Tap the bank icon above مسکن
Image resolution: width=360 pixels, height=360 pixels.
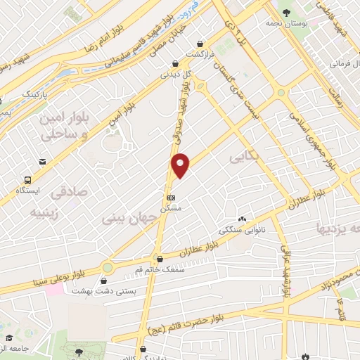pyautogui.click(x=172, y=198)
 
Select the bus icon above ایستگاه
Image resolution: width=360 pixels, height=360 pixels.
pyautogui.click(x=28, y=179)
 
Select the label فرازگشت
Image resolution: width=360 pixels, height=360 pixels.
pyautogui.click(x=200, y=54)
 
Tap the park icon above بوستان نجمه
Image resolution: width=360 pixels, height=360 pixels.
pyautogui.click(x=286, y=12)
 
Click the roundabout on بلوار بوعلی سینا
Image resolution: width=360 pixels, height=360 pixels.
pyautogui.click(x=108, y=268)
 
